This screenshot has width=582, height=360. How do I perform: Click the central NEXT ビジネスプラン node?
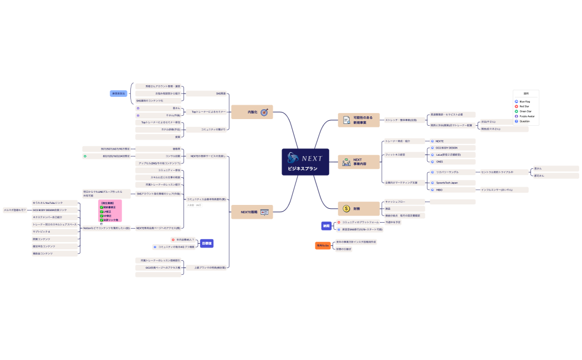305,162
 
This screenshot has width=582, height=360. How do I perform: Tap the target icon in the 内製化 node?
264,112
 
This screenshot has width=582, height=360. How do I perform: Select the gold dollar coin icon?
346,209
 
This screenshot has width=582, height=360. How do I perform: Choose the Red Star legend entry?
524,106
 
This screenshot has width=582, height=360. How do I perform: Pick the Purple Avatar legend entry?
527,116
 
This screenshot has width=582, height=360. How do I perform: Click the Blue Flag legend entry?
524,102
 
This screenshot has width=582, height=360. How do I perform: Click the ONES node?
441,162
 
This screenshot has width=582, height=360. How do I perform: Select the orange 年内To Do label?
323,245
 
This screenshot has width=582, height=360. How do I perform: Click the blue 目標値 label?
207,243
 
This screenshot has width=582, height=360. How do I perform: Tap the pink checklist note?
110,211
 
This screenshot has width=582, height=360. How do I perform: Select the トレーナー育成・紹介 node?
397,141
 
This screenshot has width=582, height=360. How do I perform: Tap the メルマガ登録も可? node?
15,210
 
